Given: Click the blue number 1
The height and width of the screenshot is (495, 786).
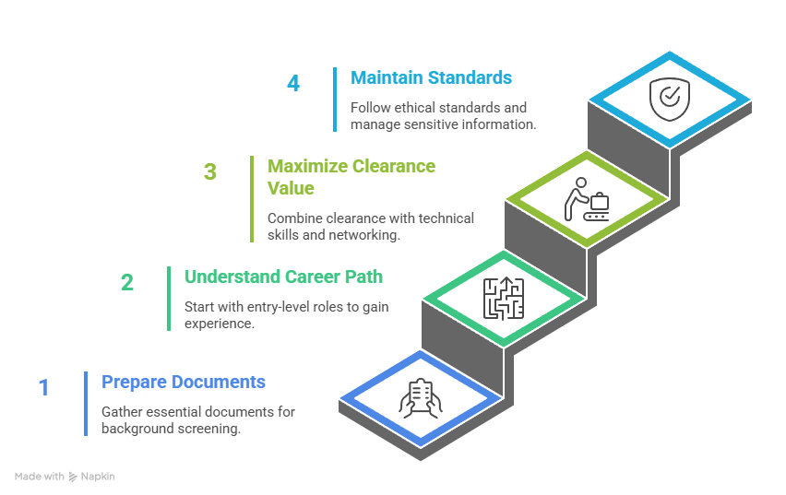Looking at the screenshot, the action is (43, 388).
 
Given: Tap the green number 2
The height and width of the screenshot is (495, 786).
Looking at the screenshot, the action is (127, 283).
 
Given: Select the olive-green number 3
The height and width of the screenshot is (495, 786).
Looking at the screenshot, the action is (210, 171).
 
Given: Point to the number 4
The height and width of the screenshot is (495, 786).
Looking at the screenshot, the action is (293, 83).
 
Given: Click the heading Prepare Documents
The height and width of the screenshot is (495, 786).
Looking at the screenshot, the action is (184, 382).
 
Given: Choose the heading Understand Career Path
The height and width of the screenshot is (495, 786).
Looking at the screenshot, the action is (284, 277).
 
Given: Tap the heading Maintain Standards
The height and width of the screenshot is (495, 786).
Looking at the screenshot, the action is (431, 77).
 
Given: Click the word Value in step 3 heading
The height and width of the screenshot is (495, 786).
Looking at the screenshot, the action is (291, 188).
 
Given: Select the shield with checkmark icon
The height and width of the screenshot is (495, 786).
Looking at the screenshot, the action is (670, 100).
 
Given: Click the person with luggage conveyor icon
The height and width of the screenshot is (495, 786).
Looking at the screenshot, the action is (587, 199).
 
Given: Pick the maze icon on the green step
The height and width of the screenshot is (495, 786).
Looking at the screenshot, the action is (504, 298).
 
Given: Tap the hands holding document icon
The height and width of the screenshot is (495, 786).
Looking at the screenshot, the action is (421, 398).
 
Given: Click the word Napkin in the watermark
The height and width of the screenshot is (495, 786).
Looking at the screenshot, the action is (98, 477).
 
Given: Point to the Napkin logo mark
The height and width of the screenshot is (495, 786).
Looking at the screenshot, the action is (73, 477).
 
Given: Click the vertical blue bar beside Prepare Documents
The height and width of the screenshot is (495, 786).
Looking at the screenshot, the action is (86, 404).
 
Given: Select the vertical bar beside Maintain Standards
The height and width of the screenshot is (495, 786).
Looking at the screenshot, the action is (335, 100).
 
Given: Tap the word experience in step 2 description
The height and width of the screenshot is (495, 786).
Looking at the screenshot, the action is (219, 324).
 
